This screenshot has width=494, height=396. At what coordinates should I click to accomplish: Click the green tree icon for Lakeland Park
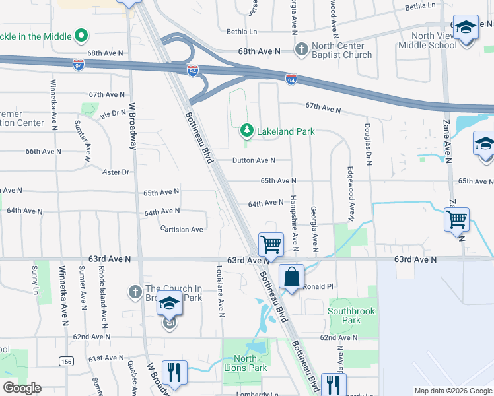[x=247, y=131]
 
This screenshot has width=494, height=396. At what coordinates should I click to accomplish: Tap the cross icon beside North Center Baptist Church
[x=302, y=49]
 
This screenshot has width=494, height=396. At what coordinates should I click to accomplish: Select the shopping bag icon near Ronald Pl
[x=291, y=277]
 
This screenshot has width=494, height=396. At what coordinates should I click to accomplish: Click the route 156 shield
[x=65, y=361]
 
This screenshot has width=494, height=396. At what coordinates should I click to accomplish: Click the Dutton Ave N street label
[x=254, y=160]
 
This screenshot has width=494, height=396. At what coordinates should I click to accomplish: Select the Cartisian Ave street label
[x=182, y=230]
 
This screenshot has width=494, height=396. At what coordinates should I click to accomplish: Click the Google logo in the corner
[x=21, y=388]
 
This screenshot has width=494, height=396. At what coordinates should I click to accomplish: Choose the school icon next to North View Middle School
[x=466, y=28]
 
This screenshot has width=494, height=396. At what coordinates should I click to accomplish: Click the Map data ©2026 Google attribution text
[x=452, y=391]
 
